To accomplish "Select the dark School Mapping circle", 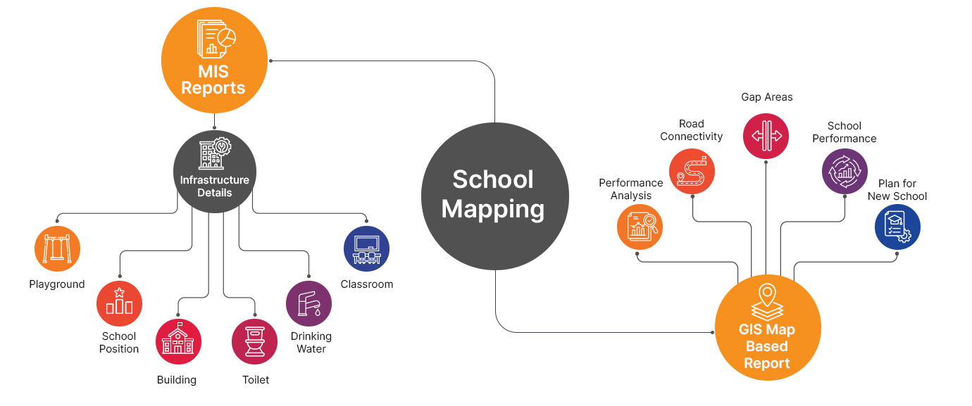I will click(494, 195).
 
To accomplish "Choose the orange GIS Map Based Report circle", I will click(768, 328).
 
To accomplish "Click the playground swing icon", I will click(57, 248).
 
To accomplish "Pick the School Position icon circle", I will click(119, 303).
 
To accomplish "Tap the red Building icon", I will click(178, 341).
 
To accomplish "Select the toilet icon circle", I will click(254, 341).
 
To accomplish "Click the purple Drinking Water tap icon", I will click(309, 303).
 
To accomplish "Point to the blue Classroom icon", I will click(366, 248).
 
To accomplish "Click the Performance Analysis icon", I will click(640, 227).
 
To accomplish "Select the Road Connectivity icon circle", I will click(692, 172).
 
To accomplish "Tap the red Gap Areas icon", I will click(766, 136).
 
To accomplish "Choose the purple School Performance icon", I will click(845, 172).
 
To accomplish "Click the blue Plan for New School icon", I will click(897, 227).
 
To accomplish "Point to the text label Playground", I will click(57, 284).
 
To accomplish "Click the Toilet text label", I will click(256, 380).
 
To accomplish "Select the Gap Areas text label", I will click(766, 97).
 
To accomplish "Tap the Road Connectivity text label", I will click(692, 130).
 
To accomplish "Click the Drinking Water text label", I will click(311, 343).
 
